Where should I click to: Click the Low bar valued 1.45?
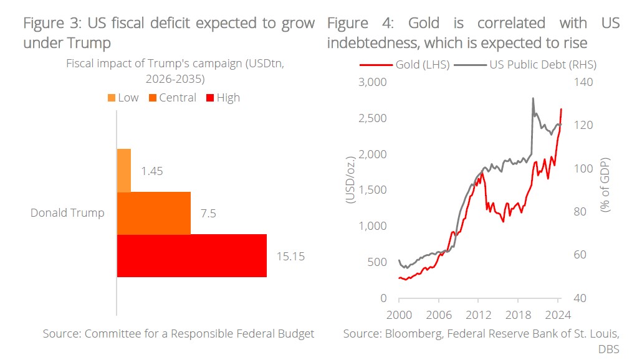(124, 170)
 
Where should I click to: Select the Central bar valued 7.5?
(153, 213)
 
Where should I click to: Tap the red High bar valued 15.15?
(191, 255)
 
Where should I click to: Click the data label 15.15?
(290, 256)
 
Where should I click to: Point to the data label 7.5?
(208, 213)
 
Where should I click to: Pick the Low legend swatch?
(112, 98)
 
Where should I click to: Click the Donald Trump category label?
(67, 213)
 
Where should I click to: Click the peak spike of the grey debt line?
(533, 98)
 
